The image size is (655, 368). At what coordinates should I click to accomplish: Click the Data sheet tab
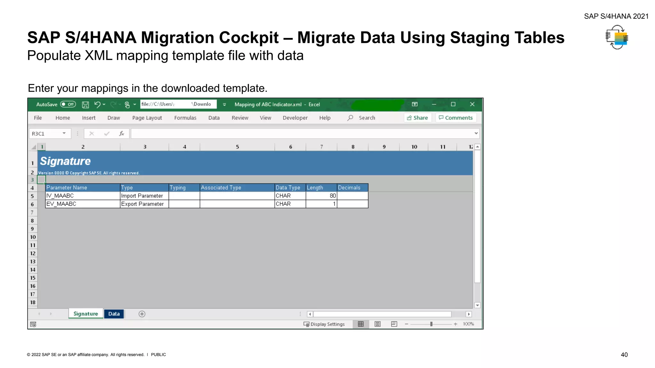(114, 314)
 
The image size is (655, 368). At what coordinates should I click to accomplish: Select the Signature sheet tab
(86, 314)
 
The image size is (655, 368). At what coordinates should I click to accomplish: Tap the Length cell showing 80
(321, 196)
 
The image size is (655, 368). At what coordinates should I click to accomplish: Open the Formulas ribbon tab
(185, 118)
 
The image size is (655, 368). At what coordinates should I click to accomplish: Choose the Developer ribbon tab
(295, 118)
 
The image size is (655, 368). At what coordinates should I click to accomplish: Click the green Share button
(417, 118)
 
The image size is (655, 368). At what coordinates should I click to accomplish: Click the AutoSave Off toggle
(68, 104)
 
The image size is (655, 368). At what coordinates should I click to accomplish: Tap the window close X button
(472, 104)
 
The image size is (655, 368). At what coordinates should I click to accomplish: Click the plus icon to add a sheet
(142, 314)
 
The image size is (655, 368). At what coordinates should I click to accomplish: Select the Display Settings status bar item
(324, 324)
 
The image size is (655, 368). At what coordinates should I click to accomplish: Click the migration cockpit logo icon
(617, 38)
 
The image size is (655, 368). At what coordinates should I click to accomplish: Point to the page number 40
(624, 355)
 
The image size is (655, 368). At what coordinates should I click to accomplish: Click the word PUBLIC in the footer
(158, 355)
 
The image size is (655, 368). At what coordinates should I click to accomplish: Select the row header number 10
(33, 237)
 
